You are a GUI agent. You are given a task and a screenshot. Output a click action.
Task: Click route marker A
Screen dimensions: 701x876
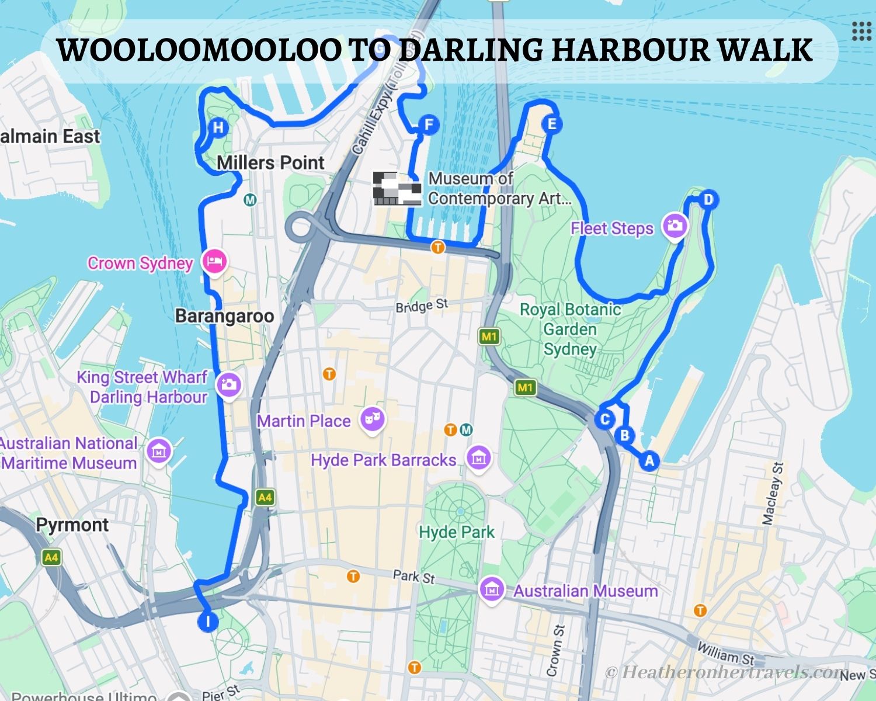point(649,460)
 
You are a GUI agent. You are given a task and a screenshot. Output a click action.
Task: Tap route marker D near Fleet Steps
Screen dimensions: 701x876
point(708,200)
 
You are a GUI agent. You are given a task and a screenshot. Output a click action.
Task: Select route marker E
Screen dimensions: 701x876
point(551,124)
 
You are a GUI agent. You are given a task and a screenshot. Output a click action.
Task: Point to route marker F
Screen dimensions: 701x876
point(429,124)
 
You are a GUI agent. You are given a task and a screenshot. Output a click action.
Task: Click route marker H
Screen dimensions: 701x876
point(218,127)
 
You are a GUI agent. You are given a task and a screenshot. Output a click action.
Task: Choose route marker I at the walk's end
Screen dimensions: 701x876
point(208,620)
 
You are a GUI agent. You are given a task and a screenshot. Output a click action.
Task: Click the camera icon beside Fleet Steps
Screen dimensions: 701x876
point(675,225)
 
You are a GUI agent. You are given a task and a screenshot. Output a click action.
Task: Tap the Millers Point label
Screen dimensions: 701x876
point(270,162)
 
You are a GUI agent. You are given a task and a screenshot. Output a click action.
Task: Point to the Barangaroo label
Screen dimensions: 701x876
point(225,316)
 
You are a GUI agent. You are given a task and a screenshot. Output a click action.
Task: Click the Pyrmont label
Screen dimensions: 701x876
point(72,525)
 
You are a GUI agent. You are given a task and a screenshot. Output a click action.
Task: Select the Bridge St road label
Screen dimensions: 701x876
point(422,306)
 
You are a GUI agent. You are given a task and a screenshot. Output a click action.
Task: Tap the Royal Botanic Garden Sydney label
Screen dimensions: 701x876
point(570,329)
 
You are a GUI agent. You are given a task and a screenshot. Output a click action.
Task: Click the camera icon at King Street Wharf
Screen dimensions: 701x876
point(228,384)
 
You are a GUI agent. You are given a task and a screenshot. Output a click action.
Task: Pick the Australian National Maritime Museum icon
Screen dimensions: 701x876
point(159,451)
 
